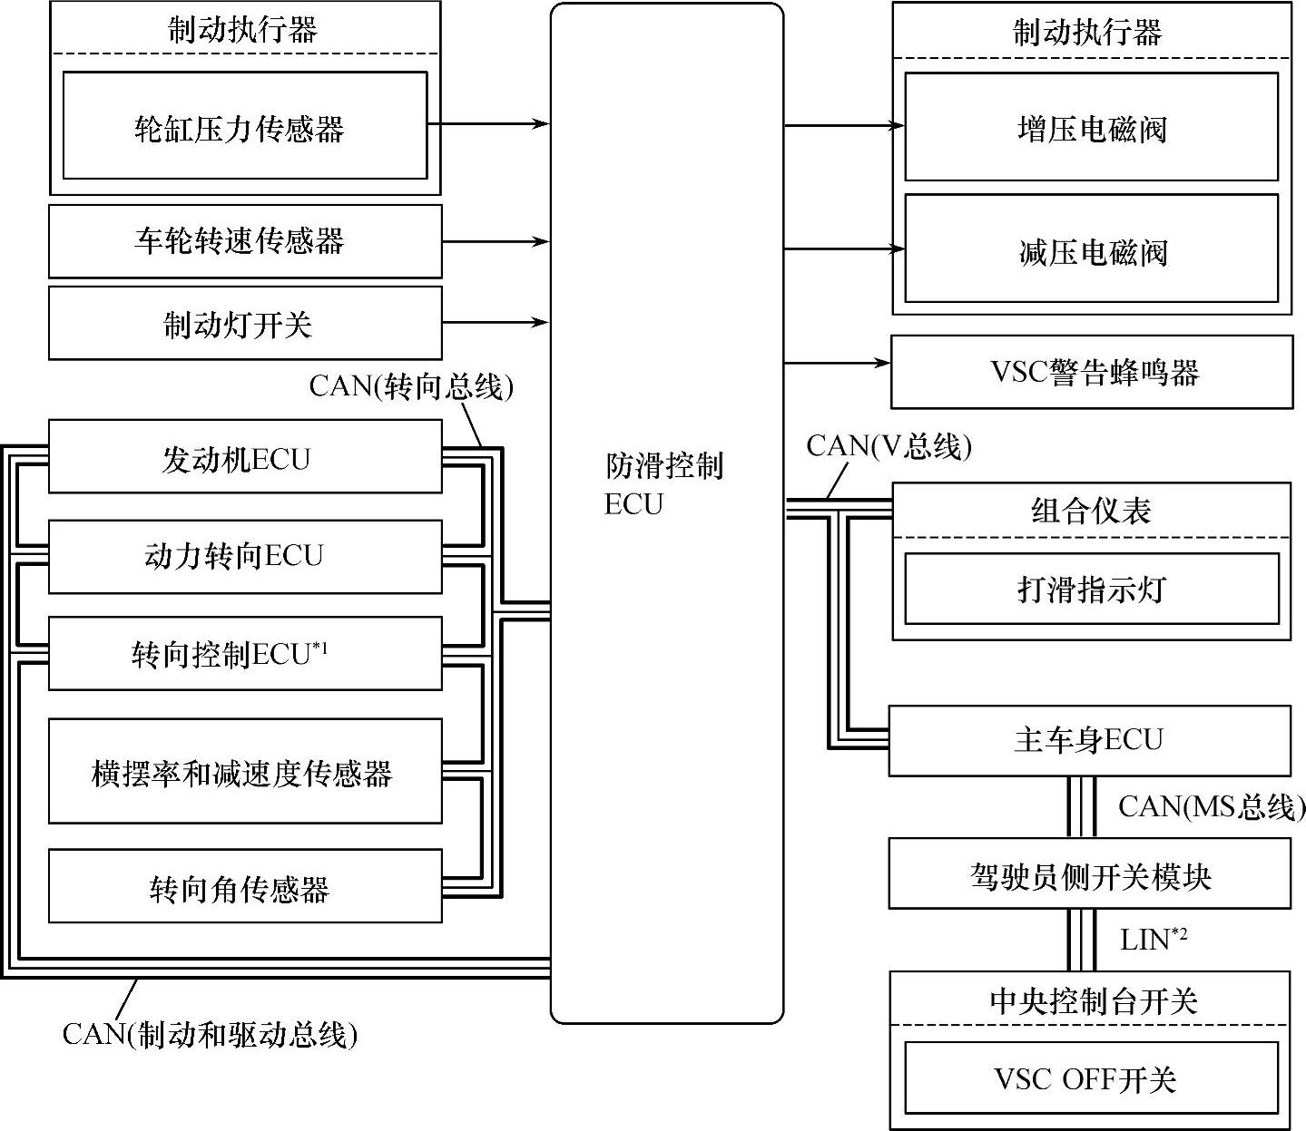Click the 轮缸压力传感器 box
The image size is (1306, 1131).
click(x=244, y=126)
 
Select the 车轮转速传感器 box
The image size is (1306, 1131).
click(x=244, y=241)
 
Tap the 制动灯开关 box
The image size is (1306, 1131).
click(x=244, y=324)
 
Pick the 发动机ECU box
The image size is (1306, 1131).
click(x=244, y=457)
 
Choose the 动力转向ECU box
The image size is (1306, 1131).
click(x=244, y=556)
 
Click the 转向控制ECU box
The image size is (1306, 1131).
click(x=244, y=654)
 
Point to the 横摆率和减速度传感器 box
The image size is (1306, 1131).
click(x=244, y=772)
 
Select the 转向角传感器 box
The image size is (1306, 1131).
click(x=244, y=887)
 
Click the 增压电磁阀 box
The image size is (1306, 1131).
click(x=1091, y=128)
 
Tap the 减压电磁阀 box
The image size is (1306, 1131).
click(x=1091, y=250)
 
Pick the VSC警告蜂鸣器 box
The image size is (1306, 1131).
click(x=1091, y=372)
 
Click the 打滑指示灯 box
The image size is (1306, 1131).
click(x=1091, y=590)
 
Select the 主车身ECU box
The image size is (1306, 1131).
click(x=1088, y=740)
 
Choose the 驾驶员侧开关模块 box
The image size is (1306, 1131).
click(x=1088, y=874)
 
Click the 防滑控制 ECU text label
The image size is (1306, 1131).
click(x=663, y=484)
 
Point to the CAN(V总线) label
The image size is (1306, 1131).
click(x=889, y=446)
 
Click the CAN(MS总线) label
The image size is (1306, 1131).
click(x=1211, y=806)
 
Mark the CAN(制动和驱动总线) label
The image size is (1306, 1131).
click(x=210, y=1034)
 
